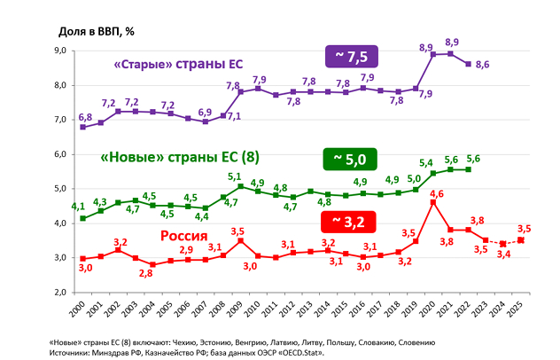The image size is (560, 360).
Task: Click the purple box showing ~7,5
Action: (353, 56)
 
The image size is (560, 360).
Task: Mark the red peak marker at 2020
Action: (432, 202)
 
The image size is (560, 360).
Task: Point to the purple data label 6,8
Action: (84, 117)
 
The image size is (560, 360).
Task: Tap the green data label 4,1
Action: (79, 207)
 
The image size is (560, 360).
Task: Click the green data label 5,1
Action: (236, 176)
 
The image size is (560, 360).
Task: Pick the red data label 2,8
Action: (146, 274)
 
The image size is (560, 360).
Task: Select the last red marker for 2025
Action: (520, 239)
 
